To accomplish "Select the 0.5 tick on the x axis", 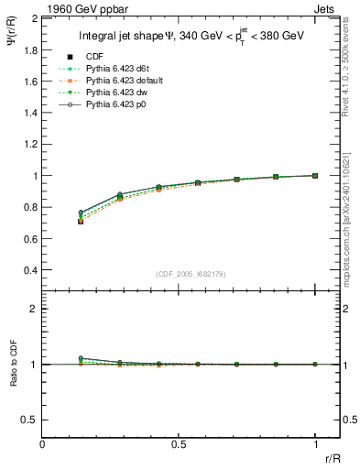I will click(179, 442).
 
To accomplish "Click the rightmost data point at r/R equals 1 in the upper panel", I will click(315, 175).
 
